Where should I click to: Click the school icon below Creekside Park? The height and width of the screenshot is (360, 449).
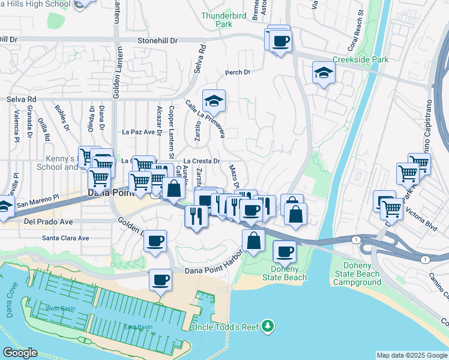pos(324,73)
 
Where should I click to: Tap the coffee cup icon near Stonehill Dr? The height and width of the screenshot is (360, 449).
pos(280,42)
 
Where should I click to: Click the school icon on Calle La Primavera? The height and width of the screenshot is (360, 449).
pos(213,100)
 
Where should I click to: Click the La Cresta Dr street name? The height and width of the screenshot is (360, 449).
pos(202,161)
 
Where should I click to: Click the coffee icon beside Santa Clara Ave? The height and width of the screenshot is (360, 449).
pos(156,241)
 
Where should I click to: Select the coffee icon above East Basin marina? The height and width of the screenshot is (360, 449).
pos(160,280)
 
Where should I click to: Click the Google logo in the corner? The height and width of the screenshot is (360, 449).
pos(19,353)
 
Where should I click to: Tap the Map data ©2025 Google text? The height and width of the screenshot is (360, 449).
pos(411,355)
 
